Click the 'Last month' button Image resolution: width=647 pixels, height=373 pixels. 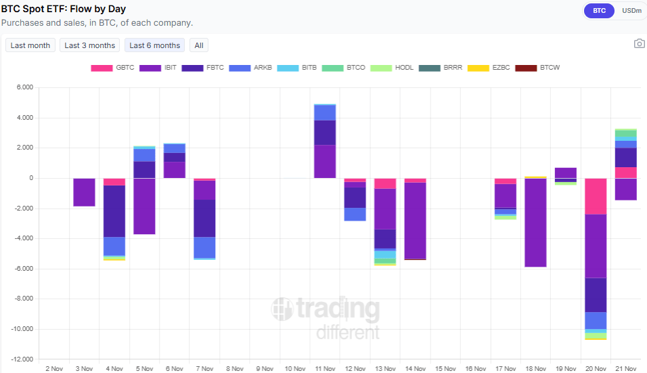(x=30, y=45)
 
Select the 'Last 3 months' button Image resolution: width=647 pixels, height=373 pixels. (x=89, y=45)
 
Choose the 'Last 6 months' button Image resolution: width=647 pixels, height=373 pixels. (x=154, y=45)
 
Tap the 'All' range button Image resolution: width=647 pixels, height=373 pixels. (x=199, y=45)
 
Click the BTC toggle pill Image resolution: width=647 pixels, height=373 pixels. (x=599, y=11)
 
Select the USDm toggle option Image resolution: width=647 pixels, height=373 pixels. (x=631, y=11)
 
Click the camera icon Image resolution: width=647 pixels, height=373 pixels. (x=639, y=44)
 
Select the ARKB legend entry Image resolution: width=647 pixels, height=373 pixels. (x=250, y=68)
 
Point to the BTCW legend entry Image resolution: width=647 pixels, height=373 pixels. (x=537, y=68)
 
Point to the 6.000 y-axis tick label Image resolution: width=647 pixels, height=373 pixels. (x=24, y=87)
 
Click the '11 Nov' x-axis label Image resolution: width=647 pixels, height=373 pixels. (x=325, y=369)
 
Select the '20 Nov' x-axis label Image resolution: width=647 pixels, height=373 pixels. (x=596, y=369)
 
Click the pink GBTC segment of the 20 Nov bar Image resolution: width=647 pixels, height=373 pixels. (x=596, y=196)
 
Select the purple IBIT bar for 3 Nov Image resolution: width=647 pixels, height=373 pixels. (x=84, y=192)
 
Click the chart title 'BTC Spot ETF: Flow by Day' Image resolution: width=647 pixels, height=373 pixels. (x=64, y=9)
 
